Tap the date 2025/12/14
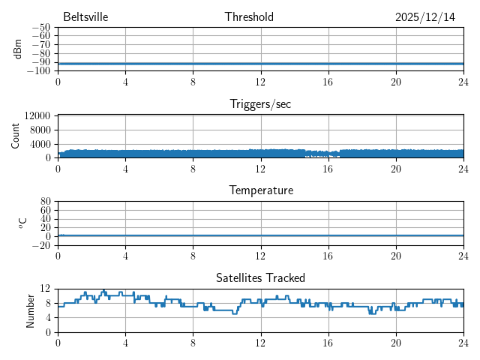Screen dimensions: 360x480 pyautogui.click(x=424, y=17)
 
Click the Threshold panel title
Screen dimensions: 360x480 pyautogui.click(x=249, y=17)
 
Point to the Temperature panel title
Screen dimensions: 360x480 pyautogui.click(x=260, y=190)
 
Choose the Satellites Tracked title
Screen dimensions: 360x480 pyautogui.click(x=260, y=277)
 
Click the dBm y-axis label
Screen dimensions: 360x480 pyautogui.click(x=18, y=49)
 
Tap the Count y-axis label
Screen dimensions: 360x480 pyautogui.click(x=16, y=136)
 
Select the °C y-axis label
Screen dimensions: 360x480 pyautogui.click(x=22, y=223)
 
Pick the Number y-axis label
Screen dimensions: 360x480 pyautogui.click(x=31, y=310)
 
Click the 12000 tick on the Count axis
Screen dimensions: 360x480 pyautogui.click(x=37, y=115)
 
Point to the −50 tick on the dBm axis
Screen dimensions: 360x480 pyautogui.click(x=40, y=27)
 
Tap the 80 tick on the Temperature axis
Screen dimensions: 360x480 pyautogui.click(x=45, y=202)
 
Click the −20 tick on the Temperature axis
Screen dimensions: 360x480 pyautogui.click(x=40, y=245)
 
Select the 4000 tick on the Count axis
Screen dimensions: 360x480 pyautogui.click(x=40, y=144)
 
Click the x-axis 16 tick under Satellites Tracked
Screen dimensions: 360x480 pyautogui.click(x=328, y=342)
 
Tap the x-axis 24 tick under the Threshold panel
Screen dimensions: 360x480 pyautogui.click(x=463, y=81)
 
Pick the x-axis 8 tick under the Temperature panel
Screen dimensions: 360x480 pyautogui.click(x=193, y=255)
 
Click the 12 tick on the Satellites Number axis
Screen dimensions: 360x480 pyautogui.click(x=45, y=289)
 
